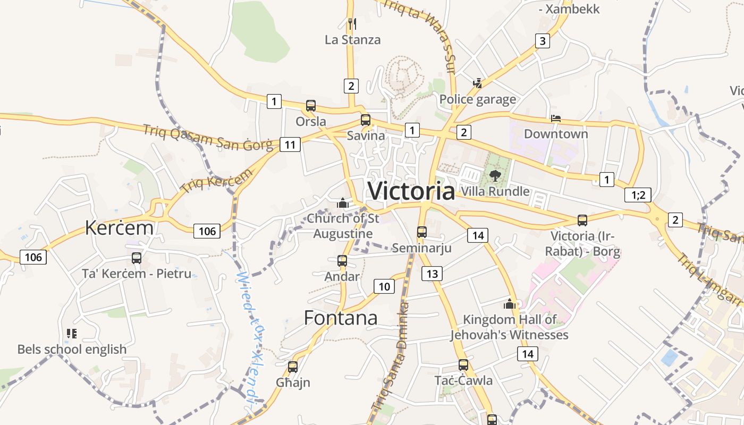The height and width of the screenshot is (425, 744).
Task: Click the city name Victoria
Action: click(x=411, y=191)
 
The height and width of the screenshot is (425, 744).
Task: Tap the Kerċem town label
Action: click(x=119, y=228)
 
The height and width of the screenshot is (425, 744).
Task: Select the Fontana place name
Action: click(x=341, y=318)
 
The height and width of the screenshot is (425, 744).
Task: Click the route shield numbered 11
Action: click(x=290, y=144)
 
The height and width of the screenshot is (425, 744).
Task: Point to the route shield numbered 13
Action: click(x=432, y=274)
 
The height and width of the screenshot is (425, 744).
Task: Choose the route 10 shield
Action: click(x=384, y=287)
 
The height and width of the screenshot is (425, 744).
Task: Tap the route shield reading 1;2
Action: click(x=638, y=195)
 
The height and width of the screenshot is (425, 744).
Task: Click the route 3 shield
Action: click(x=542, y=41)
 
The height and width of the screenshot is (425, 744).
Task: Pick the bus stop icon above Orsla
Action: click(x=311, y=106)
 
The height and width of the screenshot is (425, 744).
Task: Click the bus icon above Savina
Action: click(x=366, y=120)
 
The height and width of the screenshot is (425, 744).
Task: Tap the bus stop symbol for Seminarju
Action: click(x=422, y=232)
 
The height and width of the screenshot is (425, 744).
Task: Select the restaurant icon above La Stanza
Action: click(x=352, y=24)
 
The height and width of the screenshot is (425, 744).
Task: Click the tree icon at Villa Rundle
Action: click(x=495, y=175)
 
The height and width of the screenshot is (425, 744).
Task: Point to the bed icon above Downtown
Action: click(x=556, y=118)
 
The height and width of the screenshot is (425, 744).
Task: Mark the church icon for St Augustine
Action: click(x=343, y=203)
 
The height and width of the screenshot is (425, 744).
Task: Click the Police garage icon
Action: click(x=478, y=83)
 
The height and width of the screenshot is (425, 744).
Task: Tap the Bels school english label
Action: click(x=72, y=349)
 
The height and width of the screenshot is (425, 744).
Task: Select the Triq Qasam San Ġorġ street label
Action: click(x=207, y=137)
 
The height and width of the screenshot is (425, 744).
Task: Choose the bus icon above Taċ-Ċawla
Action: click(x=463, y=365)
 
